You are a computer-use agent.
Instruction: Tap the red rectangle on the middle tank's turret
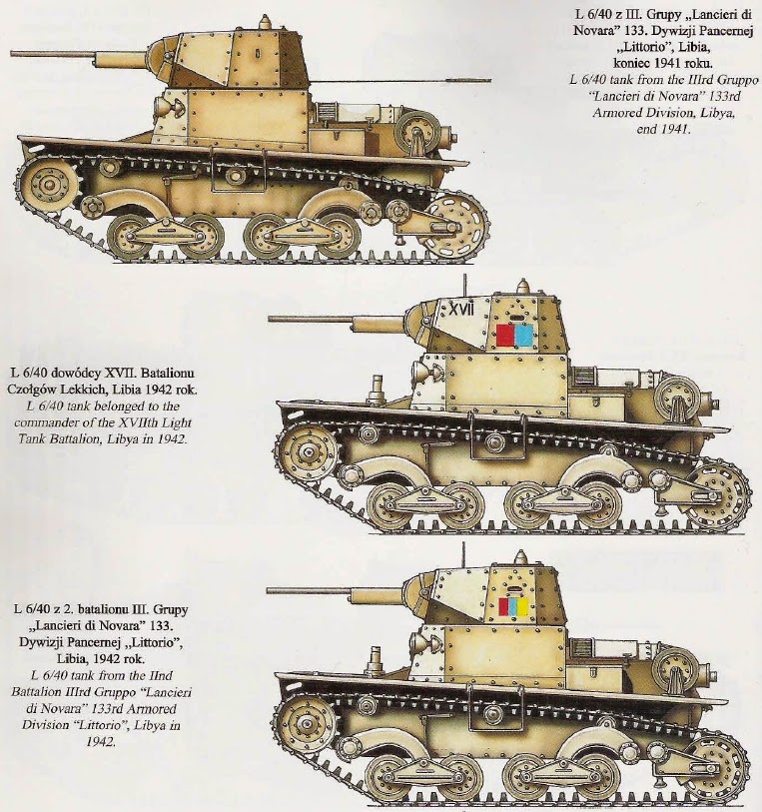point(505,335)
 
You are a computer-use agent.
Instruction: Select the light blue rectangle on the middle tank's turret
point(522,335)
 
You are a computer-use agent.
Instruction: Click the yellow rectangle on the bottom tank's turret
point(522,606)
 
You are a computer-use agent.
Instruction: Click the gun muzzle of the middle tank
point(273,320)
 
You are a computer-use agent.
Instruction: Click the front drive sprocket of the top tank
point(48,184)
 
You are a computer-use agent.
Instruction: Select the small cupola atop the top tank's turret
point(264,23)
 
